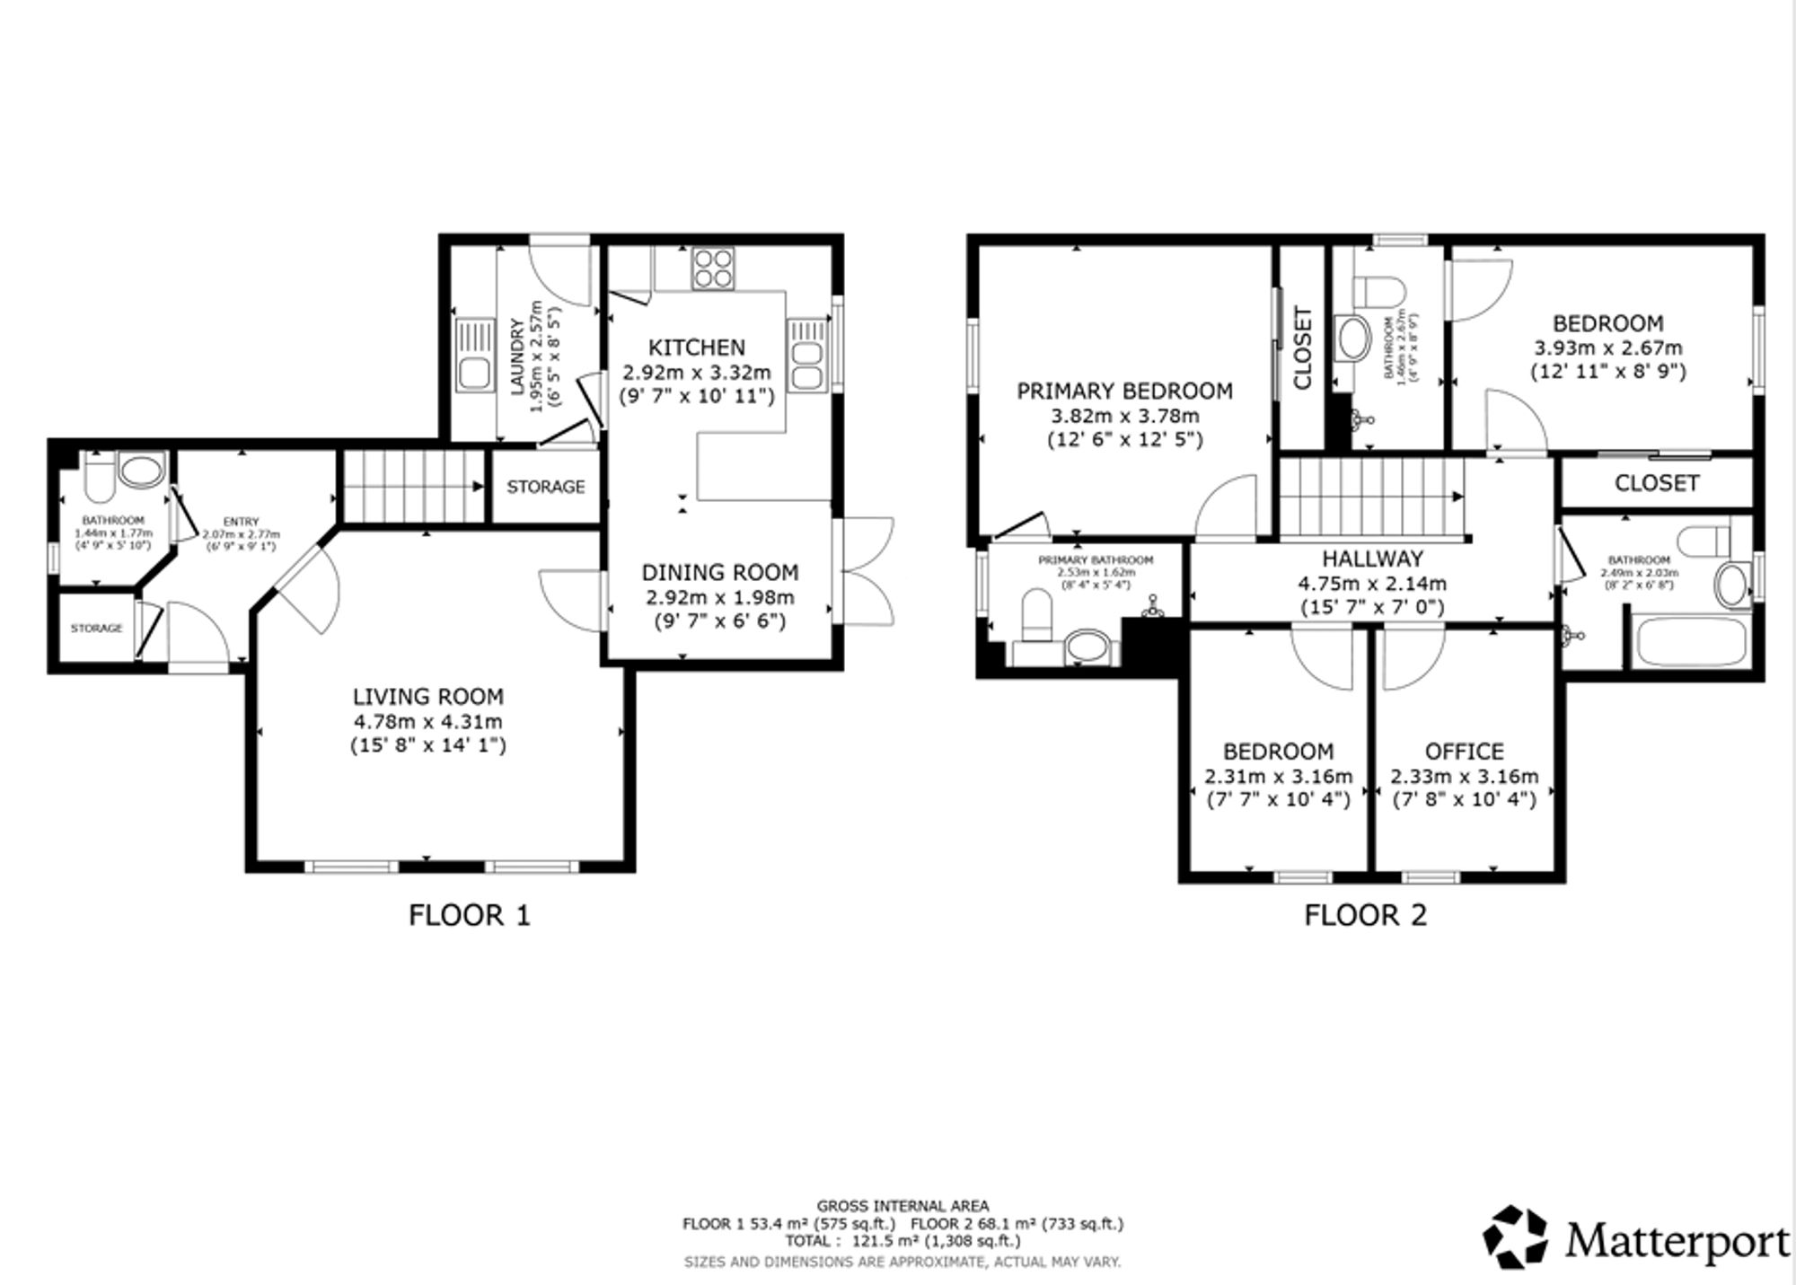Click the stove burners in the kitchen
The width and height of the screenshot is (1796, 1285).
(713, 268)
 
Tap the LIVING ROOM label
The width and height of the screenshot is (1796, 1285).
(427, 696)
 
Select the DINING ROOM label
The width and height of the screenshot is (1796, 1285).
(719, 572)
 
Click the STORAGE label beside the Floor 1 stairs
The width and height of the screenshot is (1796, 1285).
(545, 487)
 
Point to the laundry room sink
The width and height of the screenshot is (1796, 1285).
(472, 356)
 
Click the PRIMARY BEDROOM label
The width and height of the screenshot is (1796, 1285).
(1124, 391)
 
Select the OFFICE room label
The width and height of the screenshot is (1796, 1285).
(1464, 751)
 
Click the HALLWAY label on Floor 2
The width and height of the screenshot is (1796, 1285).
(1372, 559)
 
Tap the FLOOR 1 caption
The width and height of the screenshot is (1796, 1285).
(469, 915)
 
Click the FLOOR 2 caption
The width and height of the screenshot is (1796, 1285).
(1365, 915)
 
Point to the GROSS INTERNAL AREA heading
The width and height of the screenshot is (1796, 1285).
(902, 1206)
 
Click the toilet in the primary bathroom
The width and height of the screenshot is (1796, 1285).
(1036, 616)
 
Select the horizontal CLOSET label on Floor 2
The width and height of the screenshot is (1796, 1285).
(1656, 483)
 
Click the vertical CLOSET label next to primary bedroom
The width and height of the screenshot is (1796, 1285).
(1302, 348)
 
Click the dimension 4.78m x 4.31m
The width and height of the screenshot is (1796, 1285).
(427, 721)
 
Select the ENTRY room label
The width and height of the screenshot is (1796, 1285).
(241, 522)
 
